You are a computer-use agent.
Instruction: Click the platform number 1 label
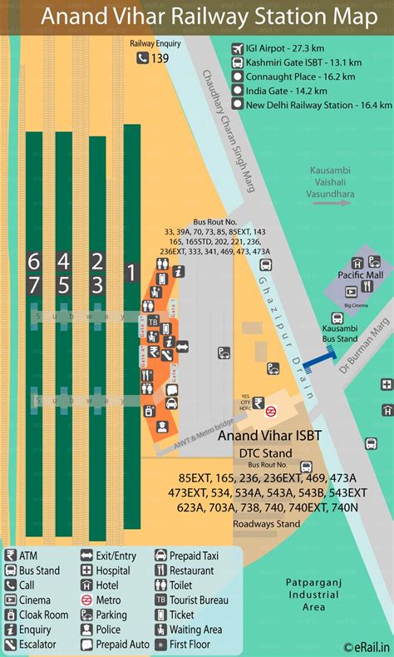[x=131, y=272]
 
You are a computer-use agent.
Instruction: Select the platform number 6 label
[x=33, y=261]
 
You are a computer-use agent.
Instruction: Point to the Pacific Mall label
[x=360, y=274]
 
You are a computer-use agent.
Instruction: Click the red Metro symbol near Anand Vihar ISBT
[x=271, y=410]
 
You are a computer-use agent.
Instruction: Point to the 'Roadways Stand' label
[x=266, y=524]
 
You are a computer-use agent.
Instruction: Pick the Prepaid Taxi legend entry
[x=193, y=556]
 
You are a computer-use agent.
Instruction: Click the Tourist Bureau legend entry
[x=197, y=600]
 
